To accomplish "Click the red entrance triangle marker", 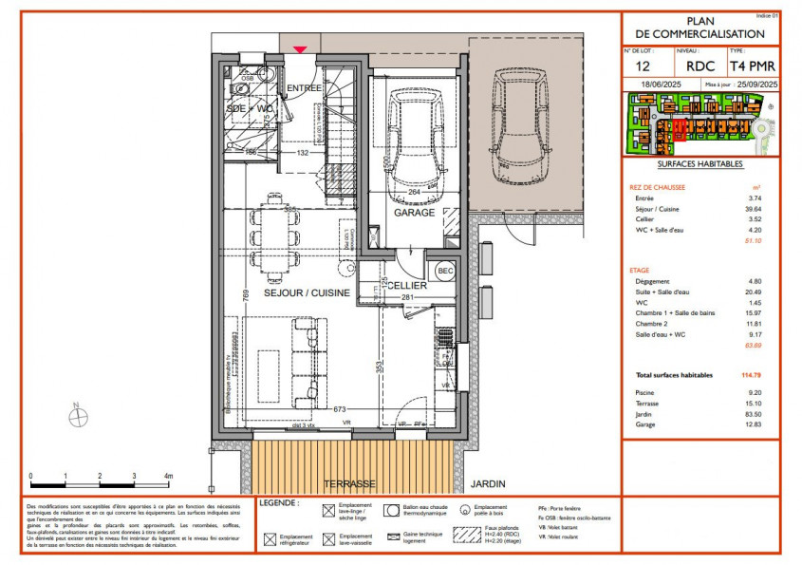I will point(300,48).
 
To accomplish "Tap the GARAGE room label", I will point(414,213).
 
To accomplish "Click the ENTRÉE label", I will point(305,88).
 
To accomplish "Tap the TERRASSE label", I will point(349,482).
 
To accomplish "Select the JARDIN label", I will point(487,482).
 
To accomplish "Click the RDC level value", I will point(700,66).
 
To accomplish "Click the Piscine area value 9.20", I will point(755,392).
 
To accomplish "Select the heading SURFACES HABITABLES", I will point(700,164).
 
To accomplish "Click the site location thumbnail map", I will point(700,126).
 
